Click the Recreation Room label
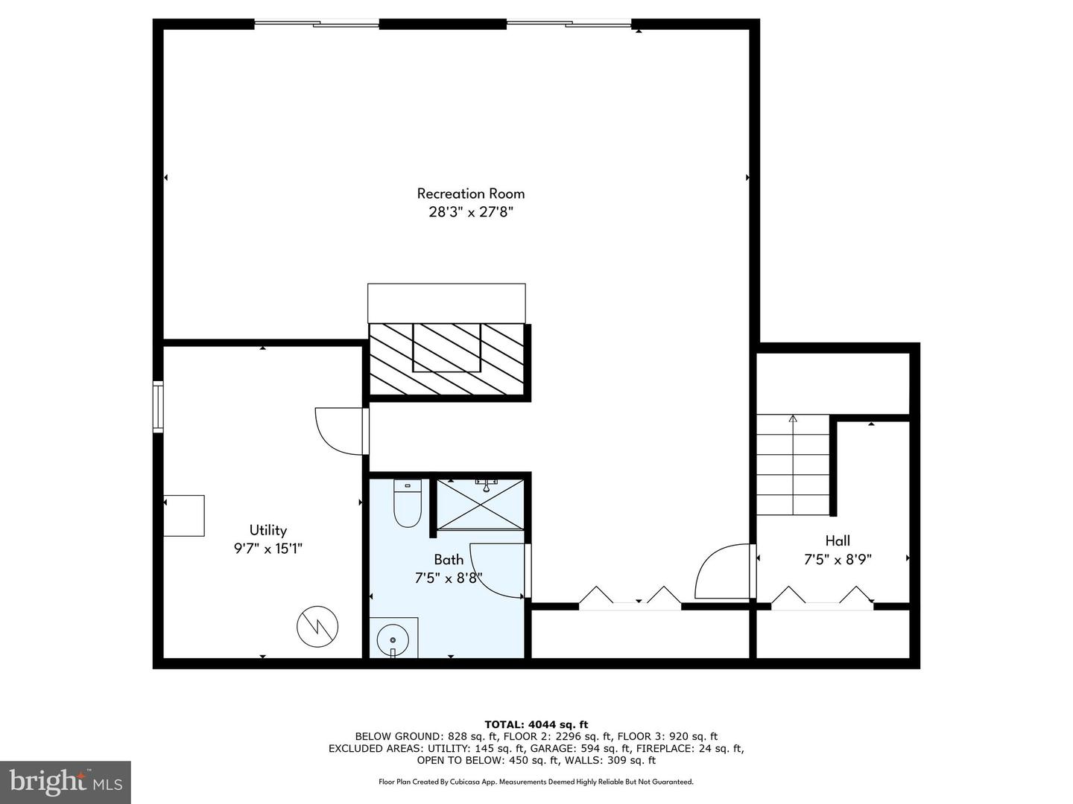470,194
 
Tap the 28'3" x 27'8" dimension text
470,211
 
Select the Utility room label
268,530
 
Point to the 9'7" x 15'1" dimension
268,549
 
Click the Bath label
449,559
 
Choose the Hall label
838,540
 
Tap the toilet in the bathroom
408,504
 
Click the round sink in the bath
393,639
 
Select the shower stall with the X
480,505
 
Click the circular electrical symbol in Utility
317,627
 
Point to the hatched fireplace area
448,359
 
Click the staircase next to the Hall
793,465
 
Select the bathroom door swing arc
496,569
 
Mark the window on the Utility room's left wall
158,406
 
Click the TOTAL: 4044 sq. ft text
536,724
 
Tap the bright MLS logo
66,782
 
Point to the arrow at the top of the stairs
793,419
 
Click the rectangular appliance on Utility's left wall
184,515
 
